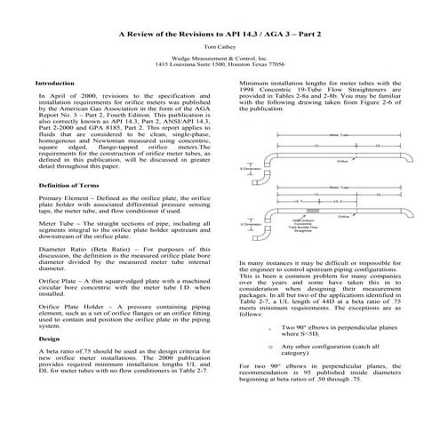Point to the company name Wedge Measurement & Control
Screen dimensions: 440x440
[x=220, y=59]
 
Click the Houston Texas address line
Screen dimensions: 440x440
[x=220, y=66]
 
